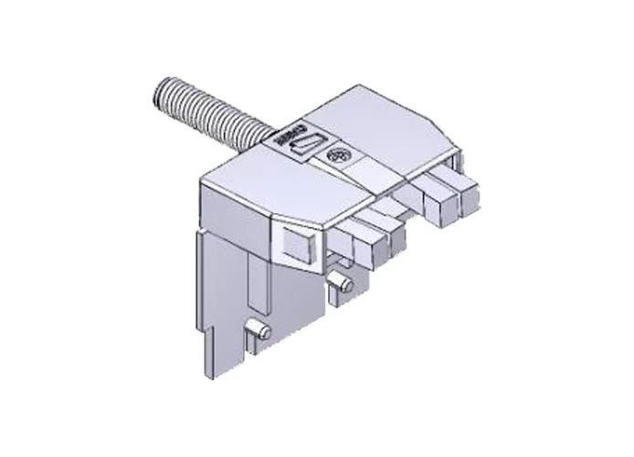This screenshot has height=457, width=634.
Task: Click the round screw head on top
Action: tap(339, 156)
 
